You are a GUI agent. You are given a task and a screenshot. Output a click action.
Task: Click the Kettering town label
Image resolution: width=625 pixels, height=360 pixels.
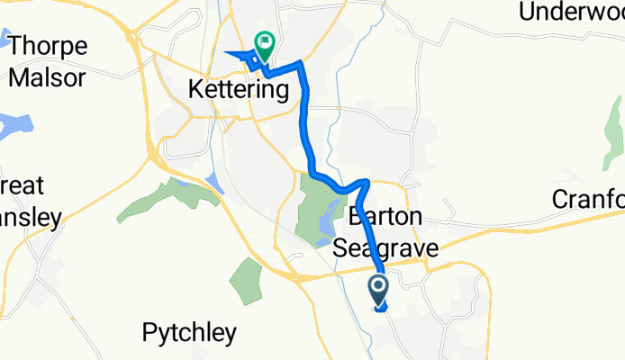click(239, 90)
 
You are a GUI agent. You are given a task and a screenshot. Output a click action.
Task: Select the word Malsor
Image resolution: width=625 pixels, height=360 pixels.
click(48, 76)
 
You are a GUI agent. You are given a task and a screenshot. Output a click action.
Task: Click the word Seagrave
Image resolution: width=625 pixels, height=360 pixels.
click(378, 247)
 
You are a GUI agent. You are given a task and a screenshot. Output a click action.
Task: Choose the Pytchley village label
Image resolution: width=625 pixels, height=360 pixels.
click(189, 333)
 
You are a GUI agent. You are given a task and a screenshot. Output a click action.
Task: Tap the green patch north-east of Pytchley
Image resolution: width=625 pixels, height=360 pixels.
click(245, 280)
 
